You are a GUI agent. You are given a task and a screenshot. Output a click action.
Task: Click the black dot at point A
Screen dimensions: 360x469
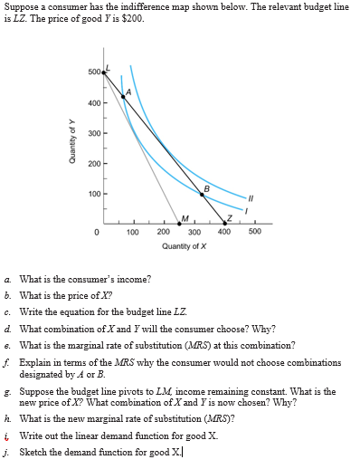[123, 97]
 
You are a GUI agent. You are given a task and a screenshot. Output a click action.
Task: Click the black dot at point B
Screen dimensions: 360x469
[202, 195]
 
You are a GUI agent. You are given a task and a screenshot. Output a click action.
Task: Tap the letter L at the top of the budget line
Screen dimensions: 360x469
[108, 67]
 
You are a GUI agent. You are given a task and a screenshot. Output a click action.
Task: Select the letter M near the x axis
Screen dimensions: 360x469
[185, 217]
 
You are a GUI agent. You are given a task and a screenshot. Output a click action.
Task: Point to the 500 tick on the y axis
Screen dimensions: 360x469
[94, 72]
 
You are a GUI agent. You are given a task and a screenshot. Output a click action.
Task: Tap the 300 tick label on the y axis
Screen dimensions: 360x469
[94, 133]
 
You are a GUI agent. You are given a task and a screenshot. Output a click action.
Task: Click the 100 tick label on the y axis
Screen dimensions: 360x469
[94, 194]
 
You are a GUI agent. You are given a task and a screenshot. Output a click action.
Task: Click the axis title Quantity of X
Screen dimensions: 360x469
[185, 245]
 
